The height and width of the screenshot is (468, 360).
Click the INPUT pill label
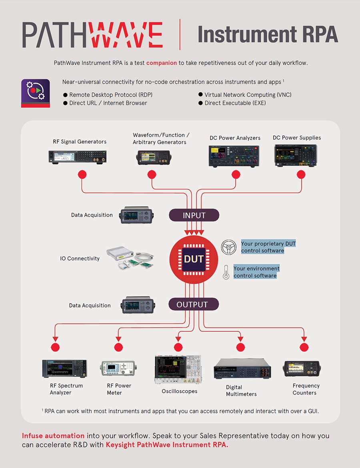pos(194,215)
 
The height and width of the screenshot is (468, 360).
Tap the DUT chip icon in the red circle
pos(193,259)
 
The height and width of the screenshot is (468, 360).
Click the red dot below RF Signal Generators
pos(82,174)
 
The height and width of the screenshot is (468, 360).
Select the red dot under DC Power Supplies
pos(301,174)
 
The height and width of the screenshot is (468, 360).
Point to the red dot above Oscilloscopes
pos(178,347)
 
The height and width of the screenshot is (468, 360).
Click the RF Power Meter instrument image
pos(118,368)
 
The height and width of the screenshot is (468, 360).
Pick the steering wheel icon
pos(229,247)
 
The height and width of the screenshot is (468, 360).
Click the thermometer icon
pos(226,272)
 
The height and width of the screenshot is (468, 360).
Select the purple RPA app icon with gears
pos(35,93)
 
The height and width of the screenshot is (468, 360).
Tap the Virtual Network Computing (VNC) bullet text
pos(248,95)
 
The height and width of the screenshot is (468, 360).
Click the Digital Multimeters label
pos(241,390)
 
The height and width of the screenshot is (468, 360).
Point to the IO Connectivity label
pos(80,259)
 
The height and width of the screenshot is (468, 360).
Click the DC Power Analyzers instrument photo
pos(234,155)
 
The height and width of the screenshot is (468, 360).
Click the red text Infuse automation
pos(53,436)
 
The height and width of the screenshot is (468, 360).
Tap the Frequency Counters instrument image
pos(302,368)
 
